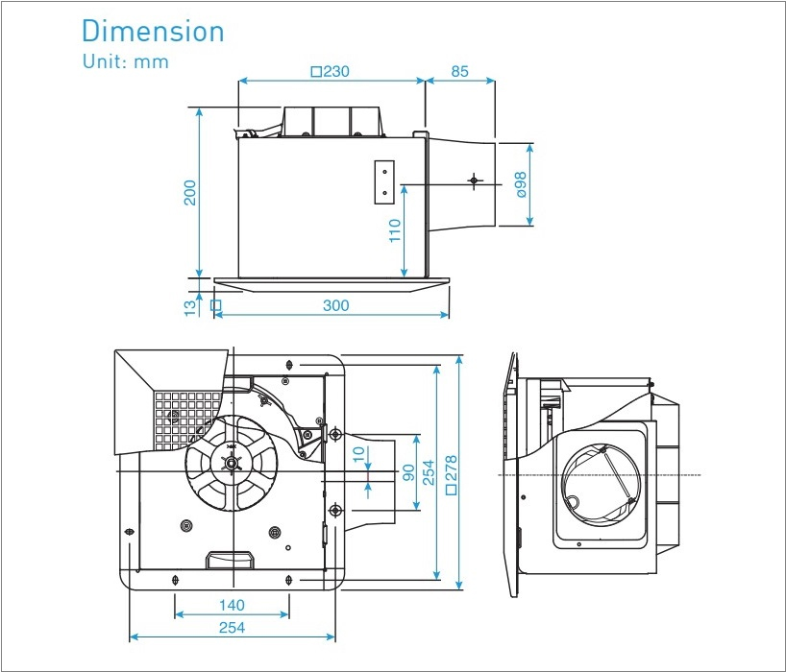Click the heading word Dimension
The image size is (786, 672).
click(x=153, y=31)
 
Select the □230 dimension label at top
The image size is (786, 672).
click(x=330, y=71)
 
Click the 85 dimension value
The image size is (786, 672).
click(x=459, y=71)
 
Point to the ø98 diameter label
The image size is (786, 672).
click(x=520, y=184)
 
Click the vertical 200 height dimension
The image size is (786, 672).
click(x=190, y=192)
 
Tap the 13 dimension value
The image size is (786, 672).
click(x=190, y=306)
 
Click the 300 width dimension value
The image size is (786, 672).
click(x=335, y=306)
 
